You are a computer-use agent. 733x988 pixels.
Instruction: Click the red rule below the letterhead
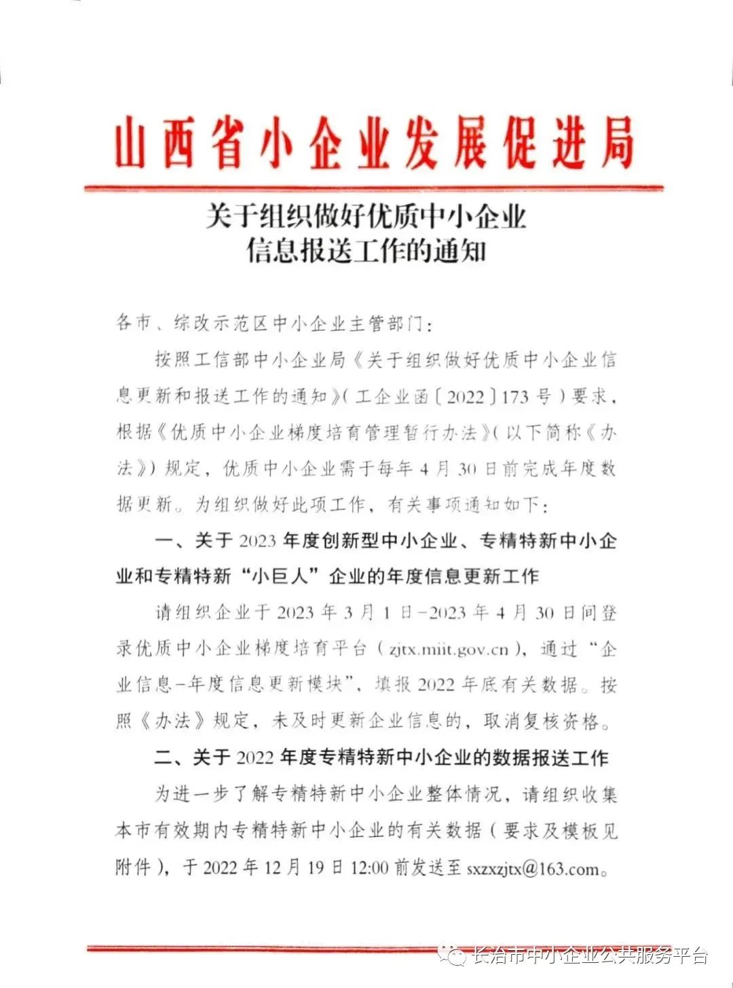373,187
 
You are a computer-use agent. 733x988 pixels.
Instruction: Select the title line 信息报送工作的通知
366,251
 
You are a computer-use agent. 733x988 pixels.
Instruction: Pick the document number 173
514,396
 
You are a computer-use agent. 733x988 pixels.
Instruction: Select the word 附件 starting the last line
133,867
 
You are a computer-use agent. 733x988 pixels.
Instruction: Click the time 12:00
369,867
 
